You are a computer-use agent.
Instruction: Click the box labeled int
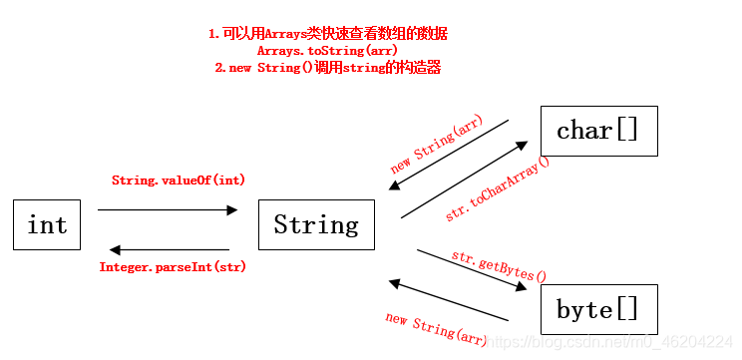coord(47,224)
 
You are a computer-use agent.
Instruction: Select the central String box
coord(316,224)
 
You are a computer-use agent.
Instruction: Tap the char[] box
coord(598,131)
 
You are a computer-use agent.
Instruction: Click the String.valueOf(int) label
coord(179,180)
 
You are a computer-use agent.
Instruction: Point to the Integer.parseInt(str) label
coord(173,267)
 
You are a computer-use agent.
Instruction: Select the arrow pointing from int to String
coord(168,209)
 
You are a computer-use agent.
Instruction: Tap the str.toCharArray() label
coord(497,188)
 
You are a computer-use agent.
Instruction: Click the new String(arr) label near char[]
coord(436,146)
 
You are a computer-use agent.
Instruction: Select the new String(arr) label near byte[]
coord(437,329)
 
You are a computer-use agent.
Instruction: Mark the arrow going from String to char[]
coord(464,180)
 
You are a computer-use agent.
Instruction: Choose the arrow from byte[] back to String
coord(449,301)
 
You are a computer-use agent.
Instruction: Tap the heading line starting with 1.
coord(327,33)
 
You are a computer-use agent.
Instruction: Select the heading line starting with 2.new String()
coord(327,67)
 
